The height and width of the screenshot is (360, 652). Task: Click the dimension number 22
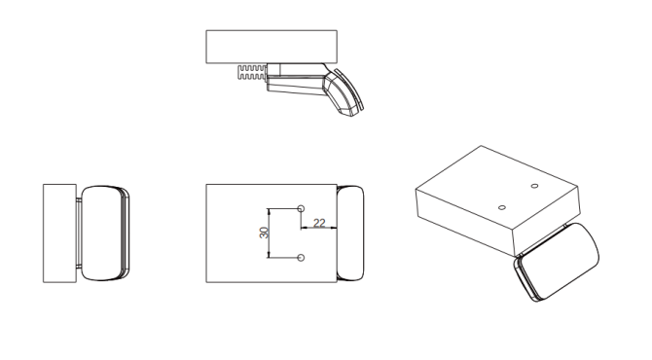tap(319, 223)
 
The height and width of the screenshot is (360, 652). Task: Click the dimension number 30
tap(264, 233)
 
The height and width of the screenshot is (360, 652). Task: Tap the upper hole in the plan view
tap(302, 208)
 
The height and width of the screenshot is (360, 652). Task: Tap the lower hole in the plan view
tap(302, 258)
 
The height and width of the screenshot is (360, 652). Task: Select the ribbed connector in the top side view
tap(252, 72)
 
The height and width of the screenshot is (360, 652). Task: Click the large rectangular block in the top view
tap(272, 47)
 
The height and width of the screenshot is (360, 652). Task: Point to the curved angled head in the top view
tap(344, 92)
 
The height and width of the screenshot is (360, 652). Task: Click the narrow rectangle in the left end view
tap(60, 234)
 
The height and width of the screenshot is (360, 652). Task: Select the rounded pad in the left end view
tap(105, 233)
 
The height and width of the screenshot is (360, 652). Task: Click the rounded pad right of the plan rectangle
tap(350, 233)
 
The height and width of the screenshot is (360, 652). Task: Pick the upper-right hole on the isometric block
tap(535, 186)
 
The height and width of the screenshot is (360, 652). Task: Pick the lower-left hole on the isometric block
tap(502, 207)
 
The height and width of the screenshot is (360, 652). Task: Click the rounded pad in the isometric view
tap(558, 262)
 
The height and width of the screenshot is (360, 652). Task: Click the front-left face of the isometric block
tap(465, 223)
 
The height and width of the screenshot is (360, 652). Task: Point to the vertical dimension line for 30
tap(269, 234)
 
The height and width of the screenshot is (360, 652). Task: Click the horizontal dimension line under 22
tap(318, 228)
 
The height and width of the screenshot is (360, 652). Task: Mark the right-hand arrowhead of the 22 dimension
tap(334, 228)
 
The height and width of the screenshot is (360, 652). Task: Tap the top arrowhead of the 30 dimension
tap(269, 211)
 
